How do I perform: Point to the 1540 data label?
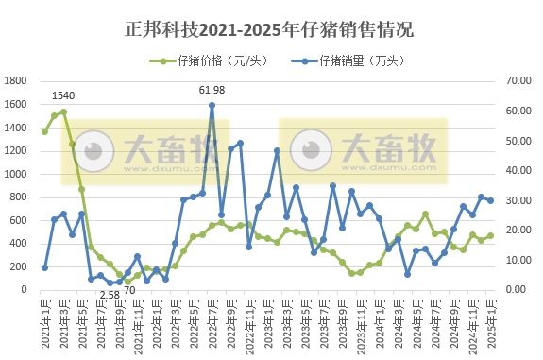pyautogui.click(x=63, y=96)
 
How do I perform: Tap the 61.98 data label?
pyautogui.click(x=212, y=90)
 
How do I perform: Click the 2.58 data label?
pyautogui.click(x=110, y=295)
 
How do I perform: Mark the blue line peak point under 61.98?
pyautogui.click(x=212, y=105)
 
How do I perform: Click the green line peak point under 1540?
pyautogui.click(x=63, y=111)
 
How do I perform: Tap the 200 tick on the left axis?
pyautogui.click(x=21, y=266)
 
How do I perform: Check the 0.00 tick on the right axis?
pyautogui.click(x=520, y=289)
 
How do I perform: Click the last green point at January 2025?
pyautogui.click(x=490, y=235)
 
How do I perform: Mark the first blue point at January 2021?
pyautogui.click(x=44, y=267)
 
